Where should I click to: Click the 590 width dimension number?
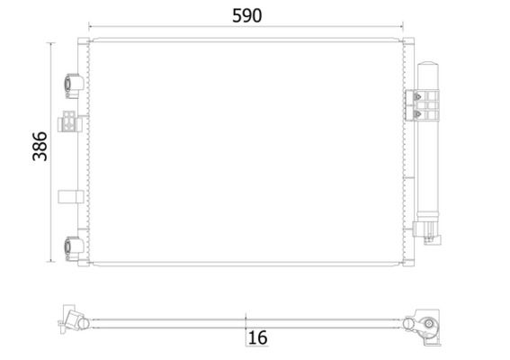[x=246, y=15]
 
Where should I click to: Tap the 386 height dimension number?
[x=40, y=147]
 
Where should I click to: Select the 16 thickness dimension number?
[x=257, y=337]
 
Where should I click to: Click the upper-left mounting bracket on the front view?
[x=74, y=85]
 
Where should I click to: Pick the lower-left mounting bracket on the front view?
[x=74, y=248]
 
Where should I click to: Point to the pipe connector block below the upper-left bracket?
[x=69, y=121]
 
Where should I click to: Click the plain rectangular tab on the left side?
[x=70, y=196]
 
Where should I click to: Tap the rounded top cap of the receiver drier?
[x=428, y=64]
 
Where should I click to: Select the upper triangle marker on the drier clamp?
[x=417, y=96]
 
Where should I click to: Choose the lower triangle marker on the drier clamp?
[x=417, y=114]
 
